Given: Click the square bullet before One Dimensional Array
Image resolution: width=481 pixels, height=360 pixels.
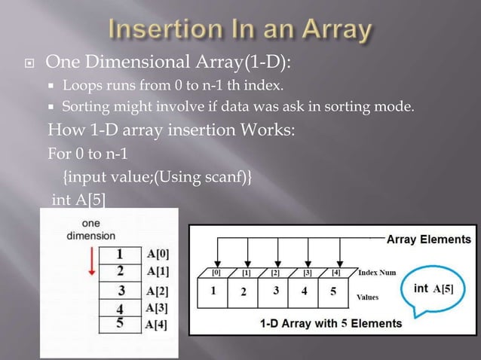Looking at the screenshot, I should tap(27, 62).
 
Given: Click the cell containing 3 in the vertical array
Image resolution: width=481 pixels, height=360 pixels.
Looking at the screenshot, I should tap(120, 289).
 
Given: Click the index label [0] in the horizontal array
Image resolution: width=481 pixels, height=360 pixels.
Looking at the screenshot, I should tap(216, 272).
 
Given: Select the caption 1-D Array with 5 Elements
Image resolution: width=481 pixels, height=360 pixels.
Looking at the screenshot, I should tap(330, 323).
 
